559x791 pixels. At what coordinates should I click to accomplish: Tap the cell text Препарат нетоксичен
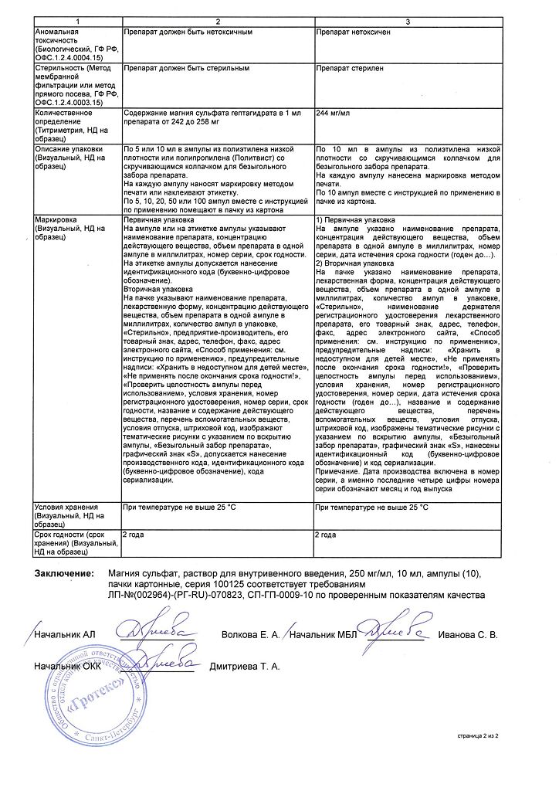coord(355,34)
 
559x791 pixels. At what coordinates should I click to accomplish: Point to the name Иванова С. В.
coord(469,635)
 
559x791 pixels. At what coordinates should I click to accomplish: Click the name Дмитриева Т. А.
coord(245,665)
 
